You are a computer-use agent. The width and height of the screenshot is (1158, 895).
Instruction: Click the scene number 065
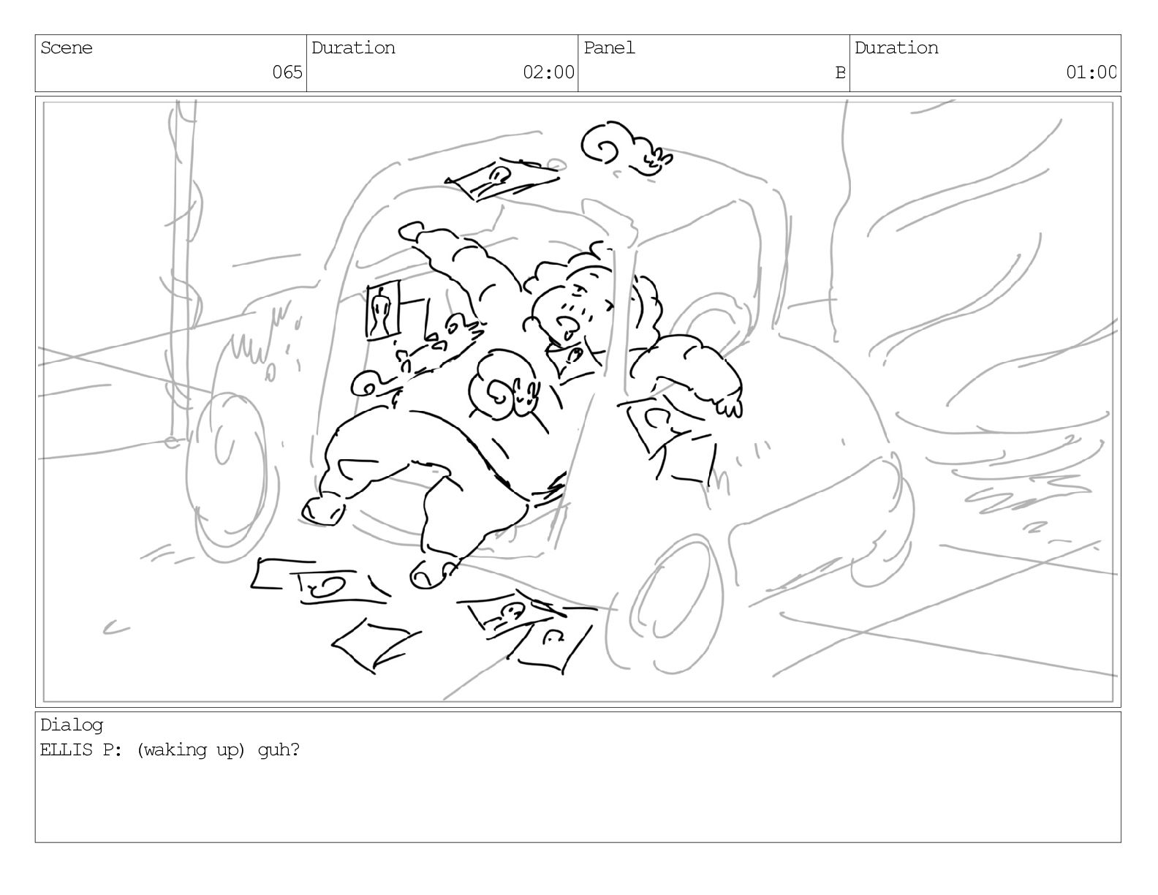pos(287,72)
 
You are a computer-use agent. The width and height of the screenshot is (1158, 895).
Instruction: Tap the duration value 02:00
pos(548,72)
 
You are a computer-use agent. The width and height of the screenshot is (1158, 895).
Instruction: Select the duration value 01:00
pos(1091,72)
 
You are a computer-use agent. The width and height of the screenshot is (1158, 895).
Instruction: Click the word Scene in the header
pos(67,48)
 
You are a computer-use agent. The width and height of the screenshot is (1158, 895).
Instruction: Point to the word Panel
pos(609,48)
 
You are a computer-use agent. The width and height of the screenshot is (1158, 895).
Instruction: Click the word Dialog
pos(72,725)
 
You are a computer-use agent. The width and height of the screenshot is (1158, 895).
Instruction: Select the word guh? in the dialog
pos(279,750)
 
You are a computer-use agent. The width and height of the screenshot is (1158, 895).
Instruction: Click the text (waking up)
pos(191,750)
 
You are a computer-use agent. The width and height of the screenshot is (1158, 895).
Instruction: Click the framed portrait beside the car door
pos(382,310)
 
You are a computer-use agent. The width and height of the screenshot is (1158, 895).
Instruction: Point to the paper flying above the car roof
pos(501,178)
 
